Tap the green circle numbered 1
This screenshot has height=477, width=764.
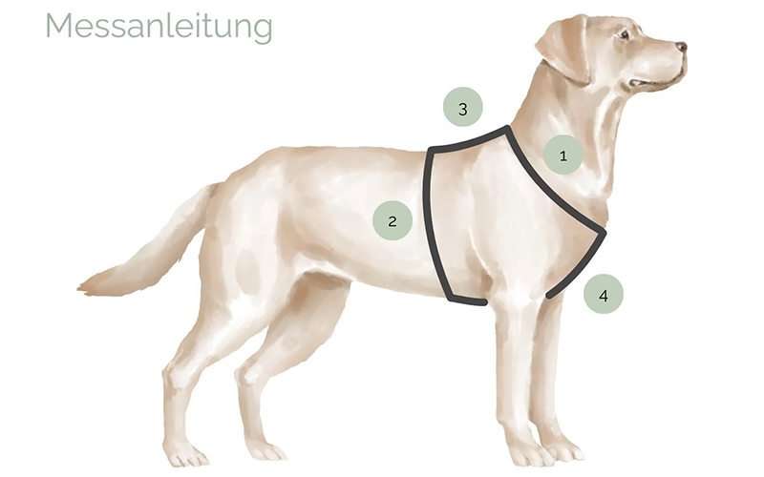[x=563, y=155]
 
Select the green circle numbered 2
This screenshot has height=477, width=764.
[x=392, y=221]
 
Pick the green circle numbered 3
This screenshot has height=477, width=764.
[x=463, y=109]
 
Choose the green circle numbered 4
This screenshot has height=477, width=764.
[x=603, y=296]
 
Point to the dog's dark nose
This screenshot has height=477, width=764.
[x=680, y=47]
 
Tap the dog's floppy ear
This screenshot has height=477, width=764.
[x=564, y=48]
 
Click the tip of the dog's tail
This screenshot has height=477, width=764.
[x=84, y=283]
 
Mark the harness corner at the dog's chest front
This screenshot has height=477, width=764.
[x=604, y=230]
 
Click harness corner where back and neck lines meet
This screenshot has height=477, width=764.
[x=507, y=129]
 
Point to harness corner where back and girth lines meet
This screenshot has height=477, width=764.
[x=429, y=151]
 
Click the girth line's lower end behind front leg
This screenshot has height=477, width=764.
[x=482, y=302]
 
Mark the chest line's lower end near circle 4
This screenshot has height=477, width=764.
[x=550, y=295]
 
